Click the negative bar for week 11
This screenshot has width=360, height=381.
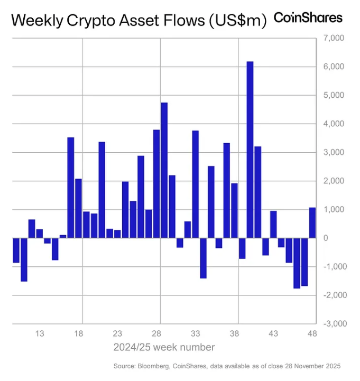pos(24,259)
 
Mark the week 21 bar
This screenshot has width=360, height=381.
pos(102,190)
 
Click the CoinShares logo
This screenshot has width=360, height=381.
pos(308,17)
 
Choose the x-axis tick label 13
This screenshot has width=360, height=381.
pos(40,334)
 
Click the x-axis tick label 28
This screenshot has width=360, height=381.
pos(156,334)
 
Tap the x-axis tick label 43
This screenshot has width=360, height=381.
pos(273,334)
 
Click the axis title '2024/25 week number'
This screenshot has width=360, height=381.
pos(164,347)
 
